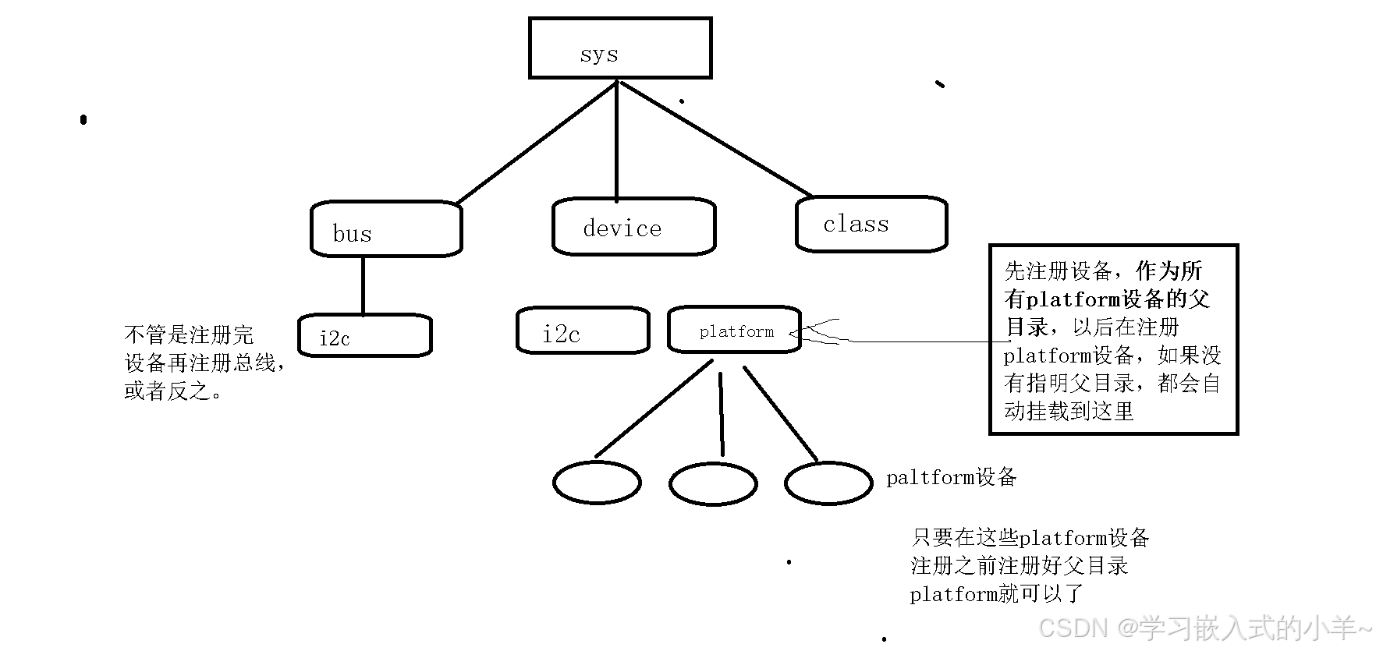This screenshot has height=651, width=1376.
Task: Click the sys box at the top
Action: [620, 48]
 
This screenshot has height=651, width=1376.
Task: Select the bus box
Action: [386, 229]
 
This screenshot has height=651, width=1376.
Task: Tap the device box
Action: [633, 227]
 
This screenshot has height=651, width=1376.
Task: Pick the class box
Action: [871, 224]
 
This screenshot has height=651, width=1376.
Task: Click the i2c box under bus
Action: [364, 336]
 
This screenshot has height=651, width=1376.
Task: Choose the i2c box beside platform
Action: [582, 331]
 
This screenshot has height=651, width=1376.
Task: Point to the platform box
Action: [735, 330]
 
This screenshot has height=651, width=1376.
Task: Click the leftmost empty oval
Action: [597, 483]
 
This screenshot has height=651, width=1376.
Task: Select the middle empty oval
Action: [713, 484]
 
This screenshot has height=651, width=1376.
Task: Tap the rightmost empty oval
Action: [828, 483]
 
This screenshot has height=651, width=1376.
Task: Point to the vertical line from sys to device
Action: [616, 140]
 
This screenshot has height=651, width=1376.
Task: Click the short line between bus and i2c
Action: [363, 285]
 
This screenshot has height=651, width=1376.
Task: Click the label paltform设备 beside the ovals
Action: [951, 477]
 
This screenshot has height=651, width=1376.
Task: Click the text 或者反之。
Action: [173, 391]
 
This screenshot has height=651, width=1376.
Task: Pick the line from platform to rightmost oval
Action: [780, 413]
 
